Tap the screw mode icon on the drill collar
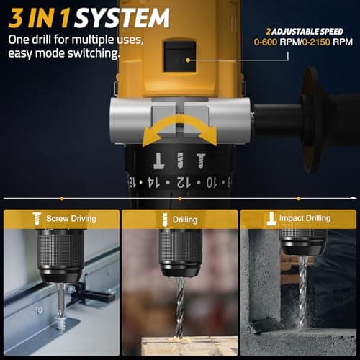tap(199, 156)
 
